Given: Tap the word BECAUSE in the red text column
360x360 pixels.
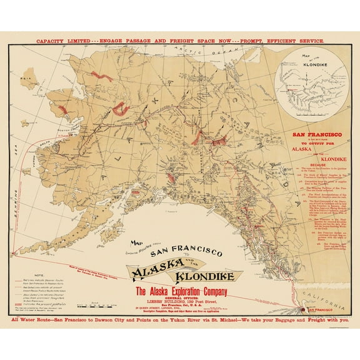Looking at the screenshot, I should [x=311, y=171].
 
